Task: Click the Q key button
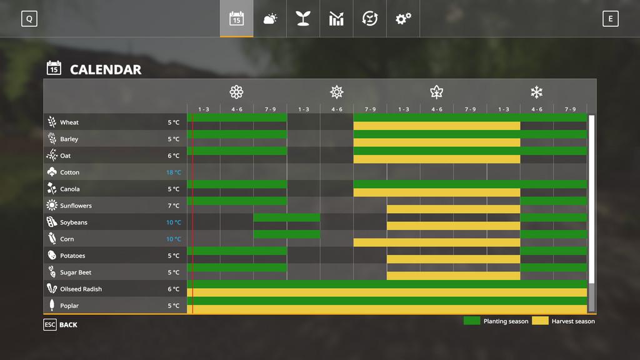29,19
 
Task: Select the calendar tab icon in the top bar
236,19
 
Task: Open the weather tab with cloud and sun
270,19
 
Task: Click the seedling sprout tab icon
303,19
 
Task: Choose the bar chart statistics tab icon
336,19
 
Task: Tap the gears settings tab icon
403,19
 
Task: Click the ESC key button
50,325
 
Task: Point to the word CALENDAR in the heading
106,69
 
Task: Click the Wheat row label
69,122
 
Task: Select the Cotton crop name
69,172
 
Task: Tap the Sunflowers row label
76,206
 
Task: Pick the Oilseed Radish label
81,289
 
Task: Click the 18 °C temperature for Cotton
173,172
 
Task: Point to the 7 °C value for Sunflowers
173,206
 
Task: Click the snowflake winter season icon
536,92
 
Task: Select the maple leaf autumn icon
436,92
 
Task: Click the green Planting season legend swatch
472,321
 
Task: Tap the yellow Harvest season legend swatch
540,321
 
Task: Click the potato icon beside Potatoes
52,256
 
